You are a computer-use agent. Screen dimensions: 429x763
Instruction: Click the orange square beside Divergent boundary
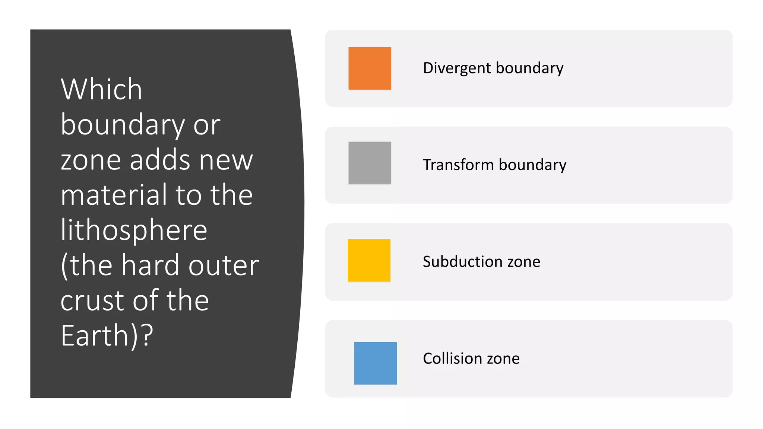[x=370, y=68]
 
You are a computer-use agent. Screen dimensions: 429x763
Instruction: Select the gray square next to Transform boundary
[x=370, y=163]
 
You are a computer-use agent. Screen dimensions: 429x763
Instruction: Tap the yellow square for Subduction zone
[x=369, y=260]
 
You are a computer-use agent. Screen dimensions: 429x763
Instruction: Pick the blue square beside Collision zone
[x=375, y=363]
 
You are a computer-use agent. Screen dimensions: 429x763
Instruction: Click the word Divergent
[x=457, y=68]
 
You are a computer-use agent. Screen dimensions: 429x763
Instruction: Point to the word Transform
[x=458, y=165]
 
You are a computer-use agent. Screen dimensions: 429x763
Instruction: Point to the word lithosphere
[x=134, y=230]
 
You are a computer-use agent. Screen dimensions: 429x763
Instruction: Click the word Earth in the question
[x=95, y=336]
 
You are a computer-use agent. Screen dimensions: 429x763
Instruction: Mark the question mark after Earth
[x=148, y=336]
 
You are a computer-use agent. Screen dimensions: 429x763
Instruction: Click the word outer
[x=224, y=265]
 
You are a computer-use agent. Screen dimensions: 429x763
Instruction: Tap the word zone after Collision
[x=503, y=359]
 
